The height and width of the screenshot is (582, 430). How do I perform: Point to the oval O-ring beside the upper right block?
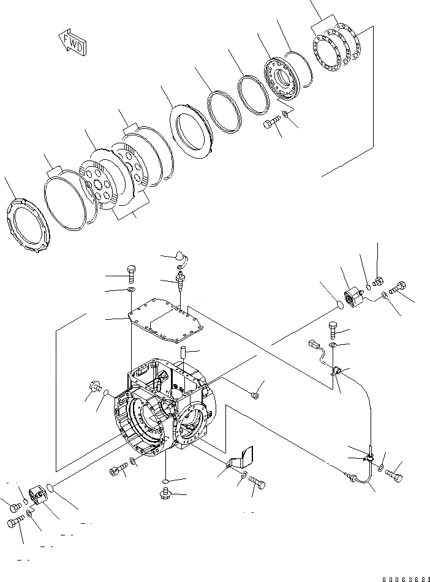[x=338, y=304]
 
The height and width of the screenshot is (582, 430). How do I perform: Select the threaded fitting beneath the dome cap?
[x=181, y=284]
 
